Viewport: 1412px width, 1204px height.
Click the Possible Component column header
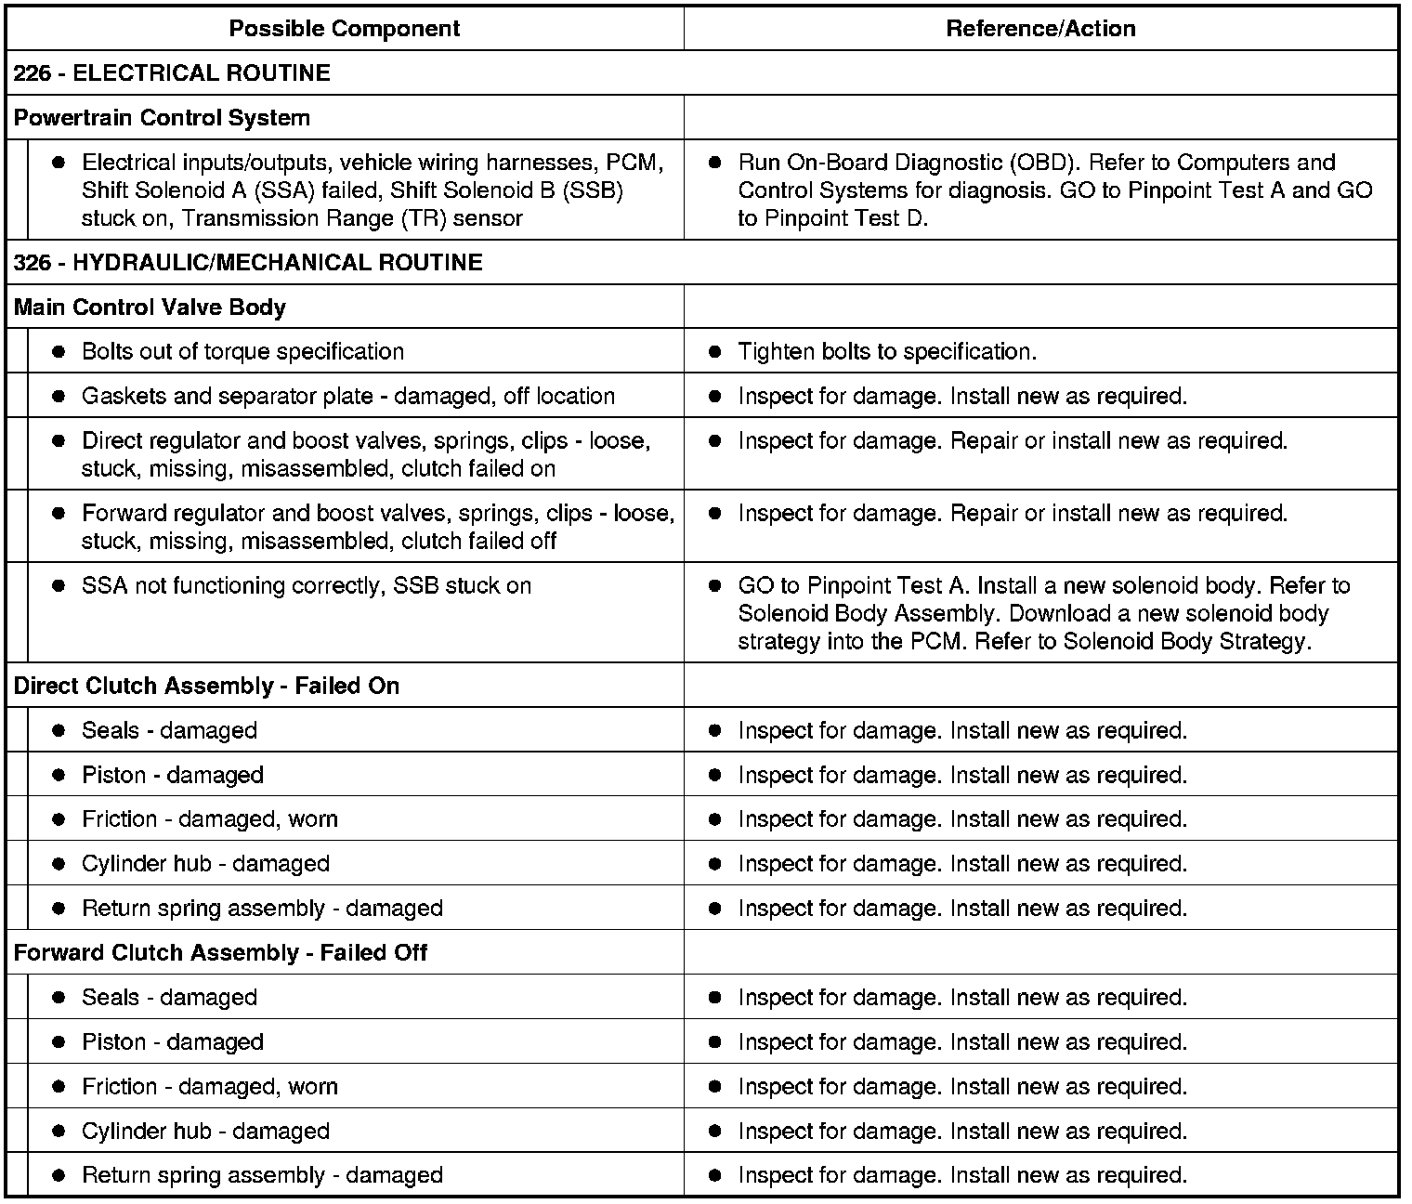click(x=344, y=29)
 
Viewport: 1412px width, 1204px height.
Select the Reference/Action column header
click(x=1040, y=29)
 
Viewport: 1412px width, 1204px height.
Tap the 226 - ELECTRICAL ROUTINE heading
click(x=172, y=73)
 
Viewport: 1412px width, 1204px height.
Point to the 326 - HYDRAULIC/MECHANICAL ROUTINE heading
click(x=248, y=263)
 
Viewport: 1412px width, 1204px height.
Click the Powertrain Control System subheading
click(x=162, y=118)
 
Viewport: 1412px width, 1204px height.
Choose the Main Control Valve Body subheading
click(x=150, y=308)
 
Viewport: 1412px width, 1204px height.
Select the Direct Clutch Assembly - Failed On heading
click(x=206, y=687)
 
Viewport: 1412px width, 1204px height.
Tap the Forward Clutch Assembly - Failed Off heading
click(x=220, y=953)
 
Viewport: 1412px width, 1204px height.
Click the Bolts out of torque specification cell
click(x=242, y=352)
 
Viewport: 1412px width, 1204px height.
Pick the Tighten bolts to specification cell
click(x=886, y=352)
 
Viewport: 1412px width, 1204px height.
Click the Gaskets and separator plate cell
click(x=347, y=397)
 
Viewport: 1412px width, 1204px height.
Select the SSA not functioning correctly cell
click(x=306, y=586)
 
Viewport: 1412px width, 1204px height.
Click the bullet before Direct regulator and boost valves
click(x=59, y=441)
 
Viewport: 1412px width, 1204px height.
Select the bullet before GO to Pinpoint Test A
click(x=714, y=586)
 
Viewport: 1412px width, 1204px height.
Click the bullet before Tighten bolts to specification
click(x=714, y=352)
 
